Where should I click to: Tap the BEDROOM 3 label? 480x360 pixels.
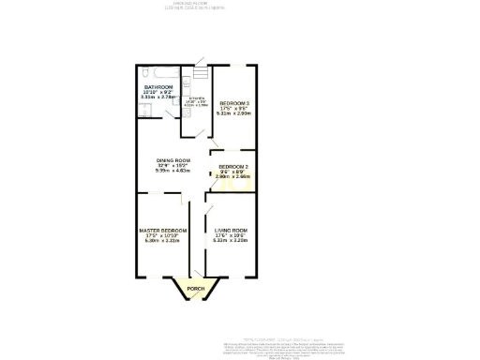click(x=233, y=102)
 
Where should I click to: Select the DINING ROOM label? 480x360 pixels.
click(x=173, y=160)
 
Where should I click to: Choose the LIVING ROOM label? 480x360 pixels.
click(x=230, y=230)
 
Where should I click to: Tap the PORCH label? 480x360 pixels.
click(x=195, y=288)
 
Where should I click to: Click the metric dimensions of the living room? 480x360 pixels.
click(x=230, y=241)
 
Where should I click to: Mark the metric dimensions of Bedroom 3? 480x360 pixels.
click(x=233, y=113)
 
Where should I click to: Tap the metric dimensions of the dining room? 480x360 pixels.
click(x=173, y=171)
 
